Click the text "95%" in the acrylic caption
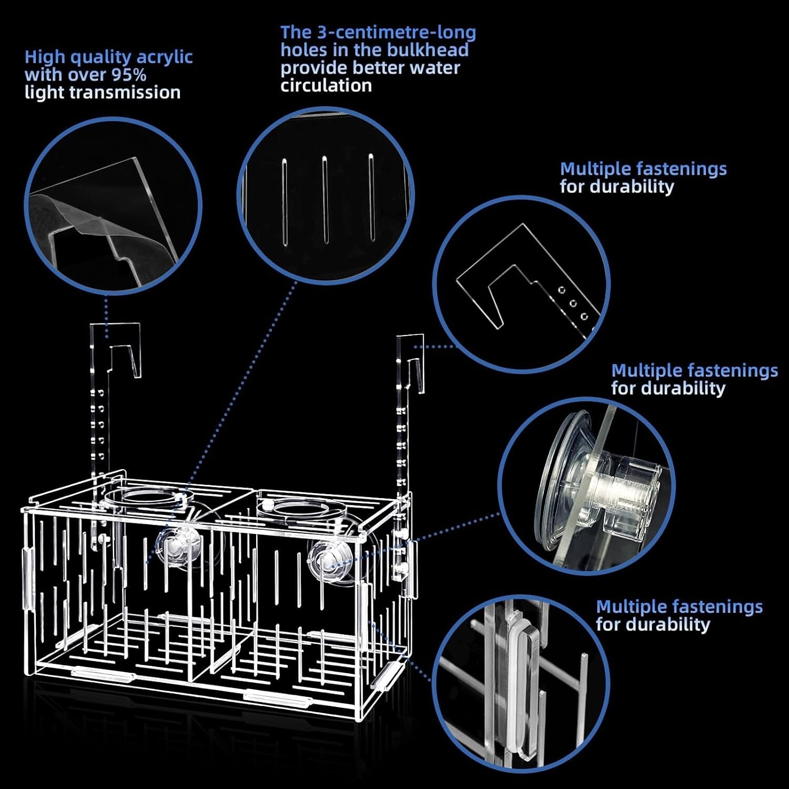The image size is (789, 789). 128,75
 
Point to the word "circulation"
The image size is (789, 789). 326,85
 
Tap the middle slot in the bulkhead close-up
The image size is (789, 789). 326,200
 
